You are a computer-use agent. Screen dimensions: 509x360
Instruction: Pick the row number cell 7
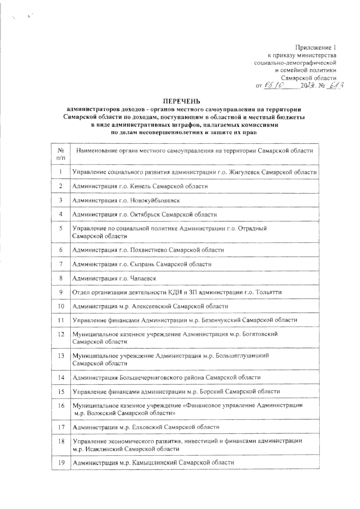tap(61, 264)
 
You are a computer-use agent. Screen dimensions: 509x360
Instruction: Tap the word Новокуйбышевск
tap(155, 201)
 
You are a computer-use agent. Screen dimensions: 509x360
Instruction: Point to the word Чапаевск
tap(143, 278)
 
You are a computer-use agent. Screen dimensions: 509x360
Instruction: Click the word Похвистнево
tap(148, 250)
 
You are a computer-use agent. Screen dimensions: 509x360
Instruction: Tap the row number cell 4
tap(61, 214)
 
